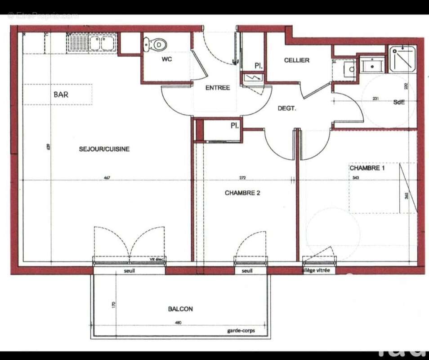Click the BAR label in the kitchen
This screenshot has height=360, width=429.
pos(61,95)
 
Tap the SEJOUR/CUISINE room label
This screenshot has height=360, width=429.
pos(104,149)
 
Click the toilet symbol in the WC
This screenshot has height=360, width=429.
pos(156,45)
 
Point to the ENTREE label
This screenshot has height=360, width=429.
pos(218,88)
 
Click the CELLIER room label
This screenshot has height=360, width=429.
pos(296,60)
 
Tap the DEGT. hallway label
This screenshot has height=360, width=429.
pos(286,108)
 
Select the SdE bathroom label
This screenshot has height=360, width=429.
pos(399,102)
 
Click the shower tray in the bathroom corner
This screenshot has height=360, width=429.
pos(403,58)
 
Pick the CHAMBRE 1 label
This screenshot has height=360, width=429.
pos(367,168)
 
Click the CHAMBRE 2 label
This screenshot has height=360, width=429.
pos(242,193)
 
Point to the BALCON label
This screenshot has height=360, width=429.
pos(180,309)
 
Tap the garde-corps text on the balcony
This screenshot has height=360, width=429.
pos(241,331)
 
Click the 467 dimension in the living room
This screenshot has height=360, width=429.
pos(107,178)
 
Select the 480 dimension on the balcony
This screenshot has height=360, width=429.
pos(178,323)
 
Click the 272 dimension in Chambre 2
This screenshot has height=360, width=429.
pos(243,178)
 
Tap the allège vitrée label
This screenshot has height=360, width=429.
pos(315,270)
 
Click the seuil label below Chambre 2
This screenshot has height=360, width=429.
pos(247,271)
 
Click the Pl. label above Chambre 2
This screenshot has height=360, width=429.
pos(234,126)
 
